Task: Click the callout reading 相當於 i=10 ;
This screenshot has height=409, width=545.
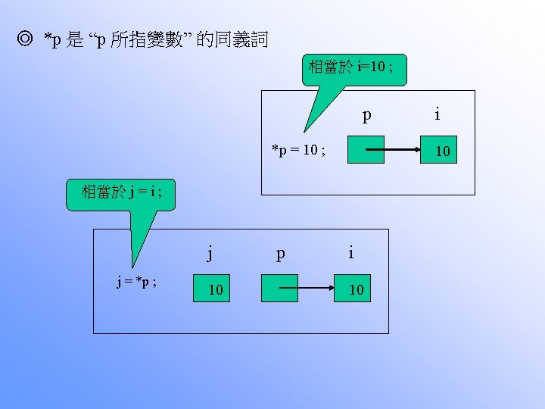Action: [354, 68]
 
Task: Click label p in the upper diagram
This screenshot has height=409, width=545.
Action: [367, 116]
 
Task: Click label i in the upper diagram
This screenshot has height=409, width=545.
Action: [438, 114]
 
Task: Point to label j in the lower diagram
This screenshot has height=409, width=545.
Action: [210, 252]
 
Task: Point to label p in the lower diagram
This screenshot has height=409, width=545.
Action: [281, 253]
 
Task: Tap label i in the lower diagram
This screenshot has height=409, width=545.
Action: [350, 252]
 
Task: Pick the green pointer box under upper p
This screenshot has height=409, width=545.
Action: [366, 151]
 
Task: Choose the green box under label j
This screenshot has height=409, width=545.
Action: [216, 289]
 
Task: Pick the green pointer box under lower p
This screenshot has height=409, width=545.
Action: [280, 289]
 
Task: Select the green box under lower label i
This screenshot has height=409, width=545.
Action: [354, 289]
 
